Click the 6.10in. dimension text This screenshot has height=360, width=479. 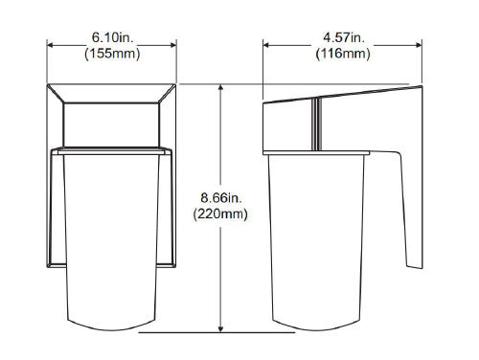pos(111,36)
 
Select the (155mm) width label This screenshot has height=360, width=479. pos(111,53)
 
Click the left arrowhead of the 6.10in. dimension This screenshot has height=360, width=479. pos(52,44)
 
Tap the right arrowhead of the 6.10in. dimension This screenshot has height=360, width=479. pos(172,44)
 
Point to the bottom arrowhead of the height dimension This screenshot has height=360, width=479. pos(222,328)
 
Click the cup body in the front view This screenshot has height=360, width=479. pos(111,239)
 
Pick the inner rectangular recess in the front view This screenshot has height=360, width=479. pos(111,124)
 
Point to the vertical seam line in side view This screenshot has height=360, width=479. pos(314,124)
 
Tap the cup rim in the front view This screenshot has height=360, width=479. pos(111,151)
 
